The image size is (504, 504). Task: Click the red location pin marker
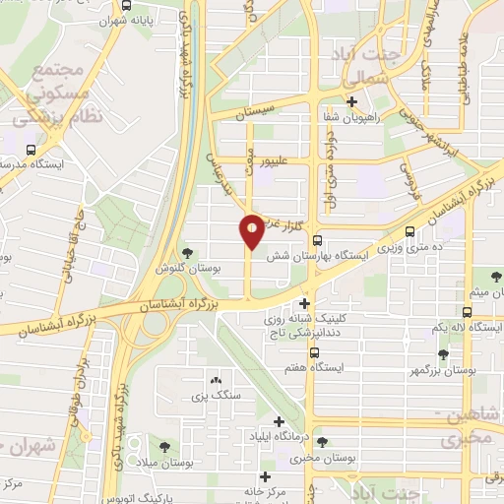point(252,232)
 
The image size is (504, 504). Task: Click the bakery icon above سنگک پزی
point(216,381)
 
